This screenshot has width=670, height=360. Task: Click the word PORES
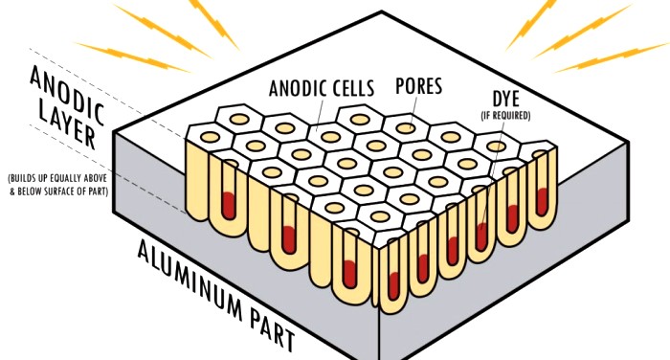pyautogui.click(x=419, y=86)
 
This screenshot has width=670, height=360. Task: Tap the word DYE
pyautogui.click(x=506, y=100)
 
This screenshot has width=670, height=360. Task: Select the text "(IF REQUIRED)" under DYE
pyautogui.click(x=506, y=116)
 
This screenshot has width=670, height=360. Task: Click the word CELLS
pyautogui.click(x=350, y=88)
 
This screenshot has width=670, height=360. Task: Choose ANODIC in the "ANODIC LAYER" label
pyautogui.click(x=67, y=95)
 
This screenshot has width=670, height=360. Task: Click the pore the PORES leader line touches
pyautogui.click(x=406, y=128)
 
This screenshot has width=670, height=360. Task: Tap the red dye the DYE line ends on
pyautogui.click(x=481, y=236)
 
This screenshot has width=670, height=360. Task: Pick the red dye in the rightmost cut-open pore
pyautogui.click(x=542, y=201)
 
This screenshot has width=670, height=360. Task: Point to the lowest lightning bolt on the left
pyautogui.click(x=132, y=57)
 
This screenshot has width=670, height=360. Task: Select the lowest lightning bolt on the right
pyautogui.click(x=612, y=56)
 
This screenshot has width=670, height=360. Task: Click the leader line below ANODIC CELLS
pyautogui.click(x=319, y=113)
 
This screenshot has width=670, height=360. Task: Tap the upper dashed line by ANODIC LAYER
pyautogui.click(x=107, y=93)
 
